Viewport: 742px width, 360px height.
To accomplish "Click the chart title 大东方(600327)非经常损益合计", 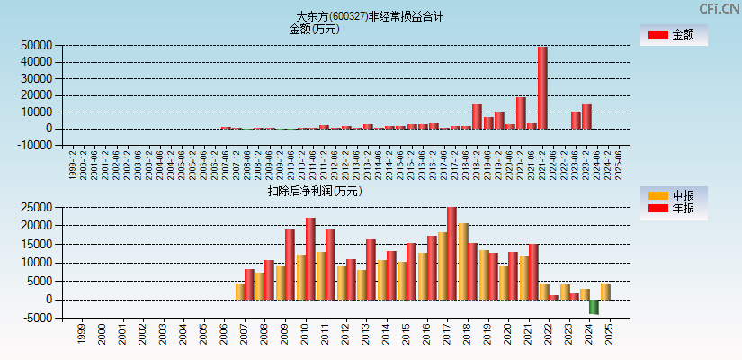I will pyautogui.click(x=370, y=16).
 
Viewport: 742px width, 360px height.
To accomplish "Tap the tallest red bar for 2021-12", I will pyautogui.click(x=542, y=87).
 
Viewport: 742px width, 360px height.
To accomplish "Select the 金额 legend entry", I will pyautogui.click(x=674, y=34).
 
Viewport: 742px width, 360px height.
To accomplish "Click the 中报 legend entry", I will pyautogui.click(x=674, y=195).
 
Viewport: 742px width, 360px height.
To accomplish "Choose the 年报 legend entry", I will pyautogui.click(x=674, y=209).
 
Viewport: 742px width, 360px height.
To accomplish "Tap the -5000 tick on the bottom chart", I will pyautogui.click(x=36, y=318).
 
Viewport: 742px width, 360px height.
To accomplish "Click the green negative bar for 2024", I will pyautogui.click(x=594, y=307).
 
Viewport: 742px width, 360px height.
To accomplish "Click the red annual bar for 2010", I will pyautogui.click(x=310, y=258).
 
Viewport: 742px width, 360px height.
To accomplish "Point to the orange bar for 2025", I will pyautogui.click(x=605, y=292).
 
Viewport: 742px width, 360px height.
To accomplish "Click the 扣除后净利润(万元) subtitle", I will pyautogui.click(x=314, y=191).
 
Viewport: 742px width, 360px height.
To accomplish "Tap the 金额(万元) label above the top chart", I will pyautogui.click(x=314, y=29).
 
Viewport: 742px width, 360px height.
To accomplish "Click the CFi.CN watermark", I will pyautogui.click(x=719, y=8).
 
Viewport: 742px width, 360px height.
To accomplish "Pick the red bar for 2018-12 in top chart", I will pyautogui.click(x=477, y=116).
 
